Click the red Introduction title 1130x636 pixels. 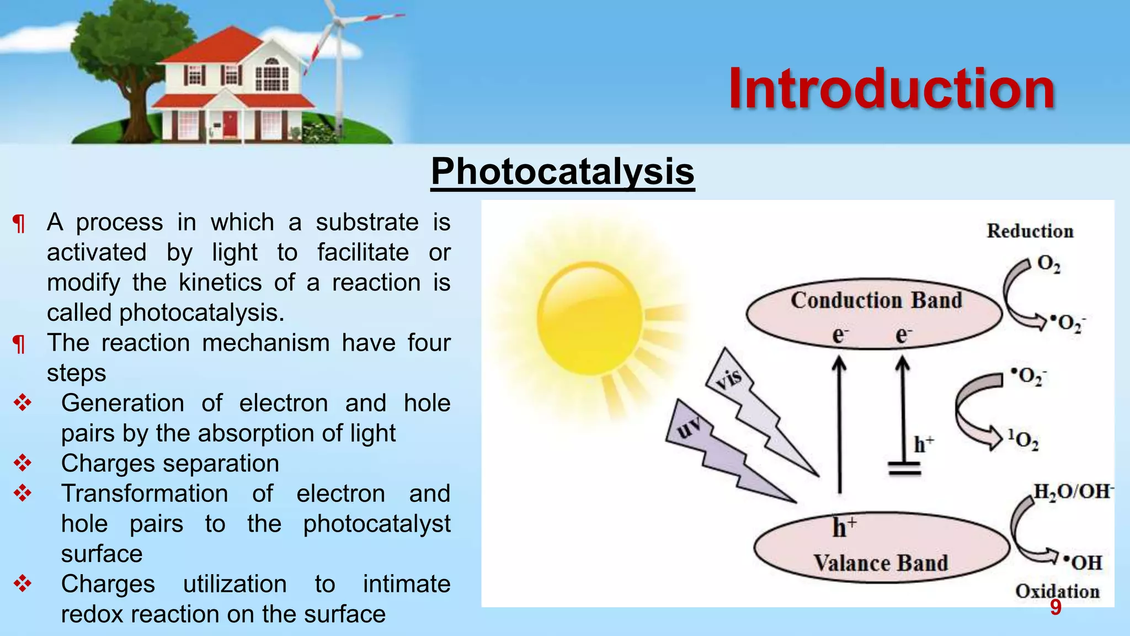click(891, 89)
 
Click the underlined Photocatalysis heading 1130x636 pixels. click(562, 171)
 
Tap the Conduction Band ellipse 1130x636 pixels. click(875, 313)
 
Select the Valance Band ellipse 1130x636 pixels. click(881, 547)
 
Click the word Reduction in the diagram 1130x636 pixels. click(1030, 231)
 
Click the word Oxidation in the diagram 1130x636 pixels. click(1057, 591)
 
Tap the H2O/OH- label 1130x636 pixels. click(1073, 491)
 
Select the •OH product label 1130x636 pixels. click(1083, 563)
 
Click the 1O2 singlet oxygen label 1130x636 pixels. click(1023, 440)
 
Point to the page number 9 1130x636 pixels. click(1055, 607)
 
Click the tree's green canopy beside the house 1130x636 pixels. click(116, 44)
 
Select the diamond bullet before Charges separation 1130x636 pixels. click(23, 463)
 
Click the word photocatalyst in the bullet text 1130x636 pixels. click(376, 523)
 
